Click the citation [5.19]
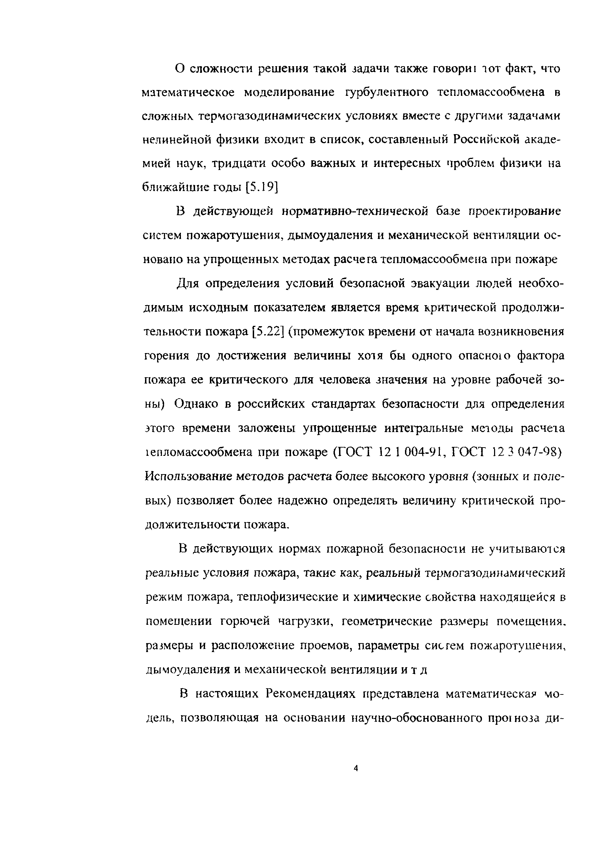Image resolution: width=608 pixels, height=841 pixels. coord(262,187)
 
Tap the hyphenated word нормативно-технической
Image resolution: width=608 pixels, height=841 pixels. coord(355,211)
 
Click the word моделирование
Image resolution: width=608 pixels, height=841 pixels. coord(290,92)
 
